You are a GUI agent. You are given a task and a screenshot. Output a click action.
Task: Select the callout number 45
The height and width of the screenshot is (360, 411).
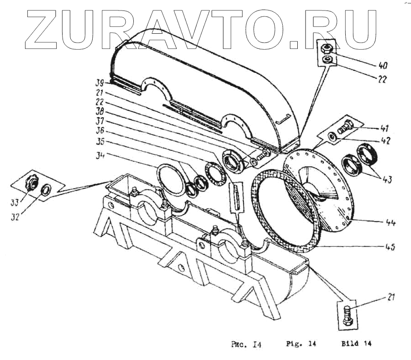pyautogui.click(x=390, y=248)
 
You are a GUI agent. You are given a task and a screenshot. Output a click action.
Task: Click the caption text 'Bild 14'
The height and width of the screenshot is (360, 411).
pyautogui.click(x=356, y=343)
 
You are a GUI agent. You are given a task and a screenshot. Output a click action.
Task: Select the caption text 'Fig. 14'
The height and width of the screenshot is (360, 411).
pyautogui.click(x=301, y=343)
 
